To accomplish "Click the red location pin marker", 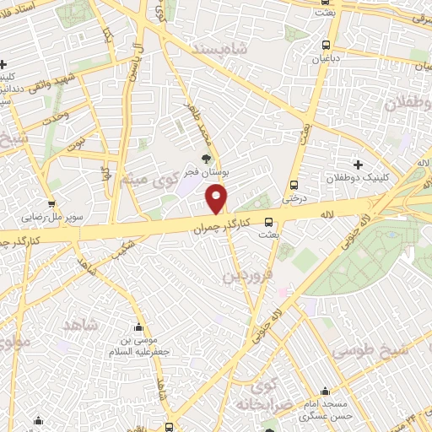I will (218, 199).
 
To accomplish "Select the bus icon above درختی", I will (294, 185).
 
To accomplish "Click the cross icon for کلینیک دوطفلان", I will (358, 165).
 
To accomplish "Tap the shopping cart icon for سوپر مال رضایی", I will (51, 202).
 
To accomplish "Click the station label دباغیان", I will (326, 60).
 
